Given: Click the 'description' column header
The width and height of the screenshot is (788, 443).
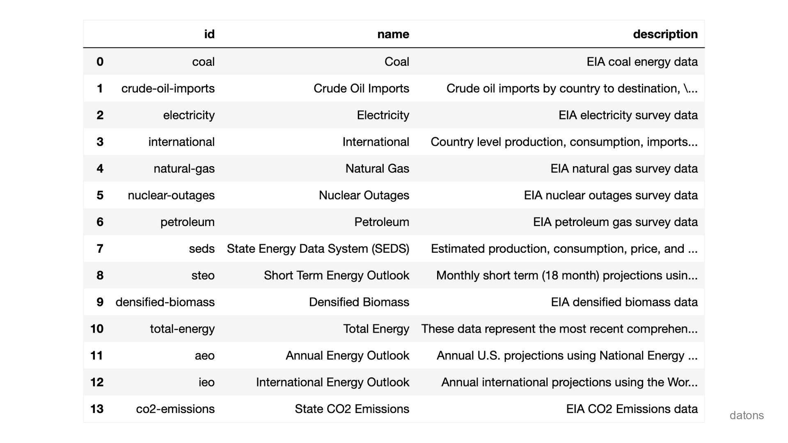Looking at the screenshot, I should [x=665, y=34].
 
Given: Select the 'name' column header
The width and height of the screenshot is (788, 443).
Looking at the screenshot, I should [x=393, y=34].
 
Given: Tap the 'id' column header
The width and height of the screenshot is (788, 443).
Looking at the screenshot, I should [x=209, y=34].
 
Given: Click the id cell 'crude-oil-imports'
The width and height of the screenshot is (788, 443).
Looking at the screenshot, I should [x=168, y=89].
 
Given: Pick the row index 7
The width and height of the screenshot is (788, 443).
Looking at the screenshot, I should [x=100, y=249].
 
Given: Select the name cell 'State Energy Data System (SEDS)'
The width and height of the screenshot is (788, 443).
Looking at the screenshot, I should [x=318, y=249].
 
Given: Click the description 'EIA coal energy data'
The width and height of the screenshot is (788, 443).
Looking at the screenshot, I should [x=642, y=62].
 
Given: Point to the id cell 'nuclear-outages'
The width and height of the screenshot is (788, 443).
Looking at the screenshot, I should [x=171, y=195].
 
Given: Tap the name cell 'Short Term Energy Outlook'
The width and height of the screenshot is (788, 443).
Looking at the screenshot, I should [x=337, y=275].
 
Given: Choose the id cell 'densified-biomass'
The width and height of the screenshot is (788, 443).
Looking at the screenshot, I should [x=165, y=302].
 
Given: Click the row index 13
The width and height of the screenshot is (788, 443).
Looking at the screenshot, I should [x=97, y=409].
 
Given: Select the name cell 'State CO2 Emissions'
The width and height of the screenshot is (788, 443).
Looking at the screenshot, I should [x=352, y=409].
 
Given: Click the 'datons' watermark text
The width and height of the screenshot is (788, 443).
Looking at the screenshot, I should [x=747, y=416].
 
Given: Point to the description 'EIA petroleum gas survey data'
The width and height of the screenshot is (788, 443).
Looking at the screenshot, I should [x=615, y=222].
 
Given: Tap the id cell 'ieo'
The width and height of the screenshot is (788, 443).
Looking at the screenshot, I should [x=206, y=382].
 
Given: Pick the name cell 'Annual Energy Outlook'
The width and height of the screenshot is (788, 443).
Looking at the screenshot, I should [x=347, y=356].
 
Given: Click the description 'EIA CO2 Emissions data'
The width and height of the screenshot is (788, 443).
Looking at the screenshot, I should [x=632, y=409].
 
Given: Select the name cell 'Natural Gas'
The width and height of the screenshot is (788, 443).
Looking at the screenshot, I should [x=377, y=169].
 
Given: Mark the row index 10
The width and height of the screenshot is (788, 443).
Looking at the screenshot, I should [x=97, y=329].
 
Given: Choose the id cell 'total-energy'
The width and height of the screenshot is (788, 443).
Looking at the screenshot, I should [x=182, y=329].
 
